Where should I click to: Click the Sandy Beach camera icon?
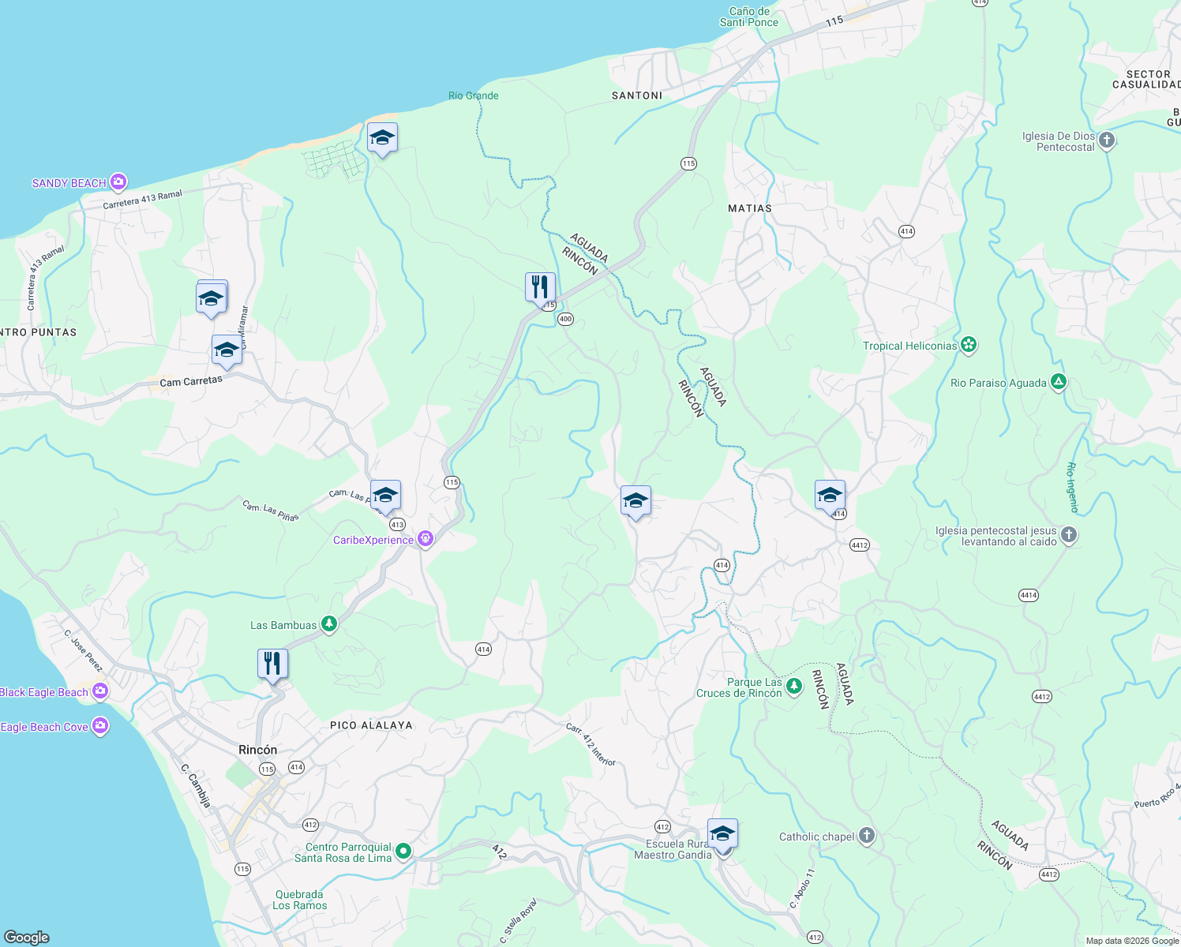118,183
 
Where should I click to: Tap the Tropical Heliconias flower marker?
969,346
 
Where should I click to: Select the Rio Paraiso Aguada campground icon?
1059,383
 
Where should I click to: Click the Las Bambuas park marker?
329,625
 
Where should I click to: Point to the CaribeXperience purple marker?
426,540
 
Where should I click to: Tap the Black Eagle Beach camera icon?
100,692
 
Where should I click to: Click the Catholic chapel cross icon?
867,837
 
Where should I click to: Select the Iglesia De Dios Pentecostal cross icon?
1107,141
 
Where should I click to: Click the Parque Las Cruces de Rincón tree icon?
795,687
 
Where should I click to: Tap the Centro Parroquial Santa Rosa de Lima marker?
403,851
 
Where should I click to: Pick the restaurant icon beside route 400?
540,287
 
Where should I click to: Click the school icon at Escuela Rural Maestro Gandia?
722,833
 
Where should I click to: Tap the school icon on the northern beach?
382,137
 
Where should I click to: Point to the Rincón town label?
258,750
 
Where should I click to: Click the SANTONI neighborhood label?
637,95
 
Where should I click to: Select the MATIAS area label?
749,208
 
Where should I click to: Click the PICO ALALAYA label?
371,725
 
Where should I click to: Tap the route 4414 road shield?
1028,596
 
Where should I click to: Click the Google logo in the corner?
27,937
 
